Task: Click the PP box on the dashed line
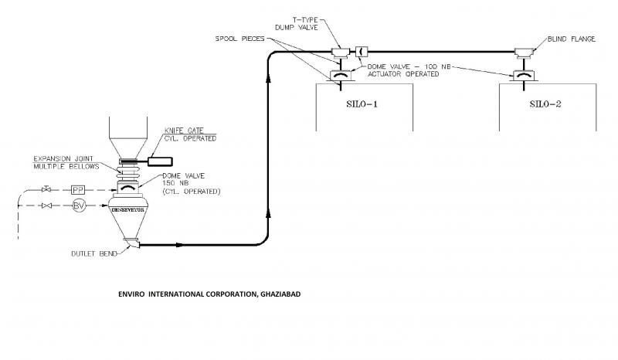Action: click(x=77, y=189)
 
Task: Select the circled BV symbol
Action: click(x=77, y=205)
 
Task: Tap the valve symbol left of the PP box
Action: click(x=46, y=189)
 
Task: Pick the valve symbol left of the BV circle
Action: click(x=46, y=205)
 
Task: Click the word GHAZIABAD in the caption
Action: click(x=274, y=295)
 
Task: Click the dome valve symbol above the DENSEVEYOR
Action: click(x=127, y=185)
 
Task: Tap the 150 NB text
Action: click(x=173, y=183)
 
